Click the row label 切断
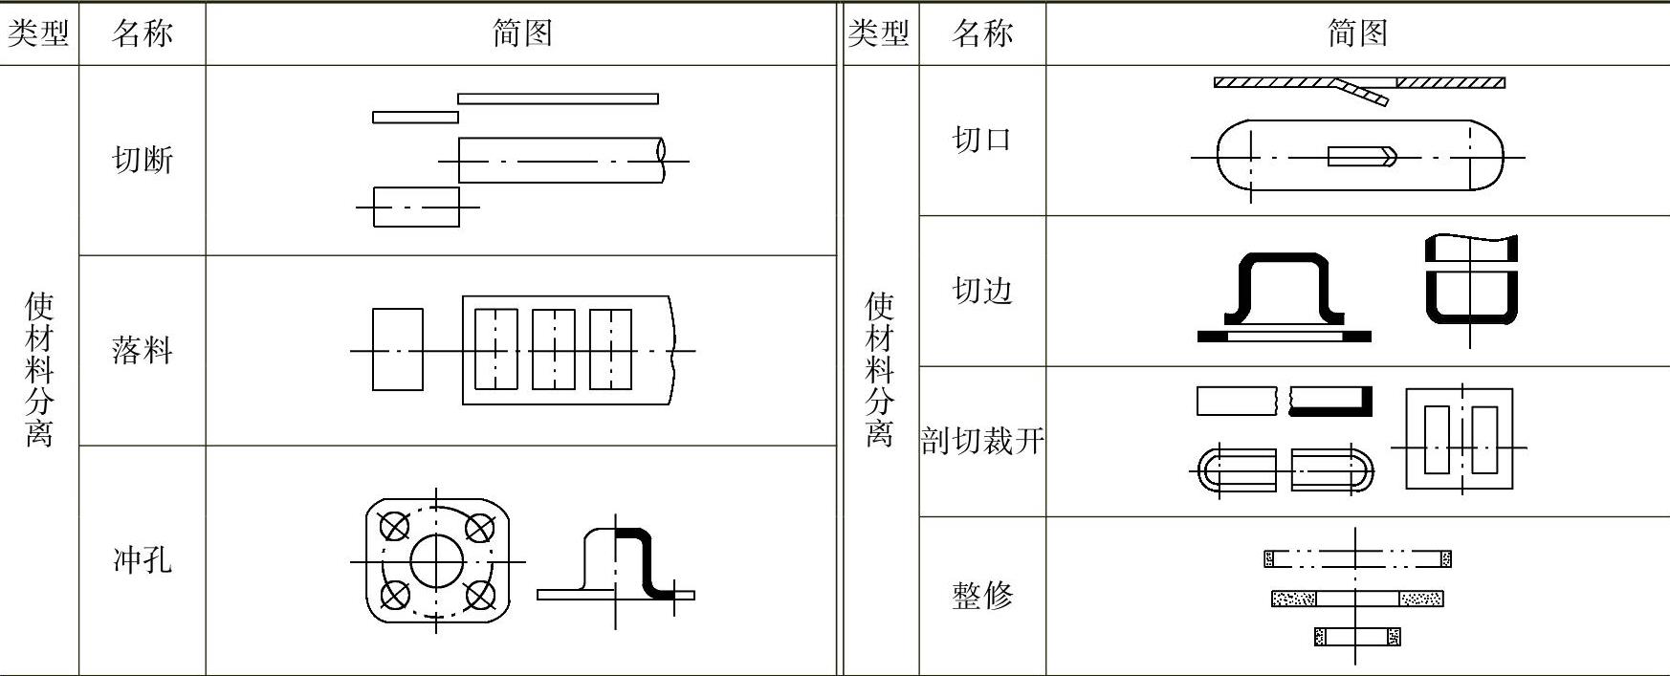click(x=143, y=160)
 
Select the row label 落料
click(x=143, y=350)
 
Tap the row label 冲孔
click(x=143, y=559)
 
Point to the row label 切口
click(x=982, y=140)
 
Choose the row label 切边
click(x=982, y=290)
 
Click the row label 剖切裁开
click(x=982, y=441)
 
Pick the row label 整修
click(x=982, y=595)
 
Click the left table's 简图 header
click(x=521, y=33)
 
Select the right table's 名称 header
click(x=982, y=33)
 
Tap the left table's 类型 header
click(x=38, y=33)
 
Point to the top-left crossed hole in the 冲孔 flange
click(x=395, y=526)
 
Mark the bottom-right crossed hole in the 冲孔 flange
click(x=479, y=596)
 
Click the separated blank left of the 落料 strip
click(x=397, y=349)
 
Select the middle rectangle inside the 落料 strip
click(x=554, y=349)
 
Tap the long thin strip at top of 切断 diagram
click(x=558, y=98)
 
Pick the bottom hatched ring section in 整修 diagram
click(x=1356, y=636)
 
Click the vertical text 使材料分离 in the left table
click(x=38, y=369)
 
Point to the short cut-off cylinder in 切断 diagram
click(x=416, y=207)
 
